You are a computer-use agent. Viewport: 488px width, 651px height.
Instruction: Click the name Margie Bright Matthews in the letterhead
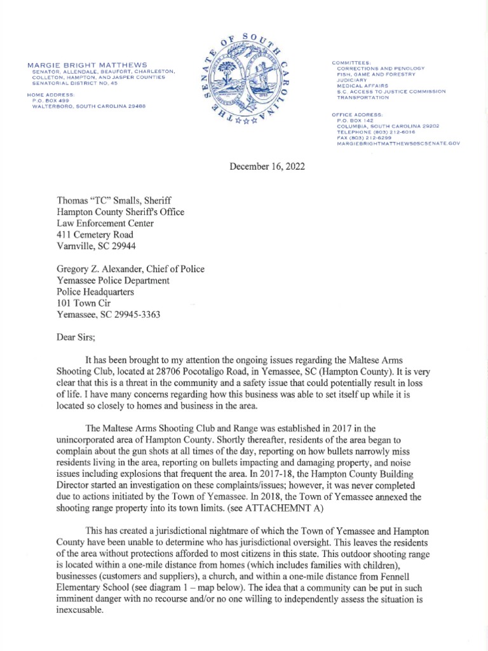tap(88, 65)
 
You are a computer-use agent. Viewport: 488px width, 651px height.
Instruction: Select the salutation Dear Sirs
tap(76, 329)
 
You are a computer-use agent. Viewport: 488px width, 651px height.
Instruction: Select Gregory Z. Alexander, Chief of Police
tap(131, 269)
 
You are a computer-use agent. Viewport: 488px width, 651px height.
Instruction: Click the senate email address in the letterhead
tap(398, 144)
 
